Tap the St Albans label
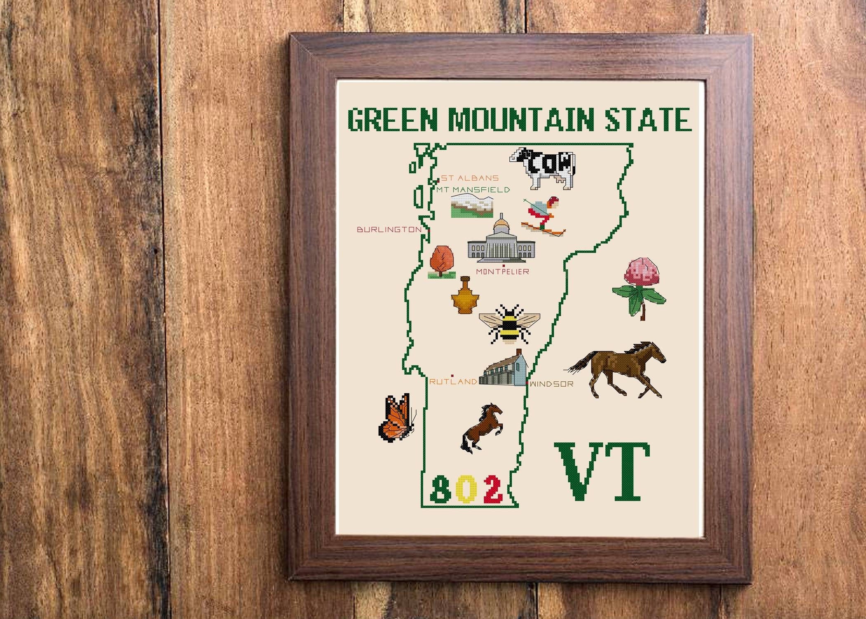(x=470, y=178)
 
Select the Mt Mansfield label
(x=473, y=190)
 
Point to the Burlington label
(x=389, y=229)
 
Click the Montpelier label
(x=502, y=272)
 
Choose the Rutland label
(x=453, y=382)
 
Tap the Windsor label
(x=552, y=384)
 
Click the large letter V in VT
(x=581, y=471)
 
